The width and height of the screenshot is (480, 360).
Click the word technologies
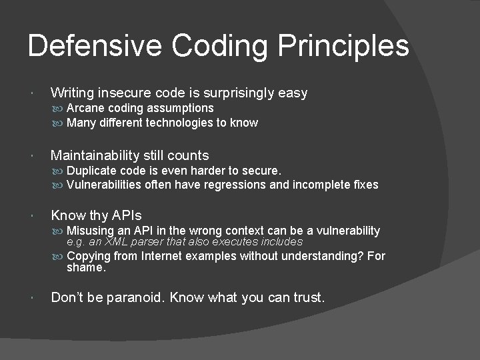[x=186, y=123]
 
